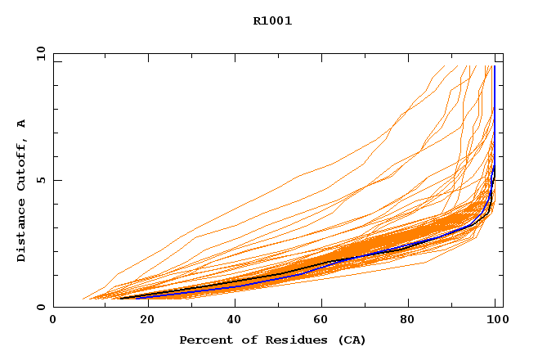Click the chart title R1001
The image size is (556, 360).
pyautogui.click(x=272, y=21)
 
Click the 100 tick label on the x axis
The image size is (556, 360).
pyautogui.click(x=495, y=321)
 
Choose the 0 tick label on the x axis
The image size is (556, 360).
pyautogui.click(x=54, y=321)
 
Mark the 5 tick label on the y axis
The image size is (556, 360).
pyautogui.click(x=39, y=180)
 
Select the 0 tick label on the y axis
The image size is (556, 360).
pyautogui.click(x=39, y=307)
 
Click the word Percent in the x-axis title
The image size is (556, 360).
pyautogui.click(x=201, y=340)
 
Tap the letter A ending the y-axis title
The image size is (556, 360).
pyautogui.click(x=22, y=124)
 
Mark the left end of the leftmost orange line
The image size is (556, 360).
pyautogui.click(x=83, y=299)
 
